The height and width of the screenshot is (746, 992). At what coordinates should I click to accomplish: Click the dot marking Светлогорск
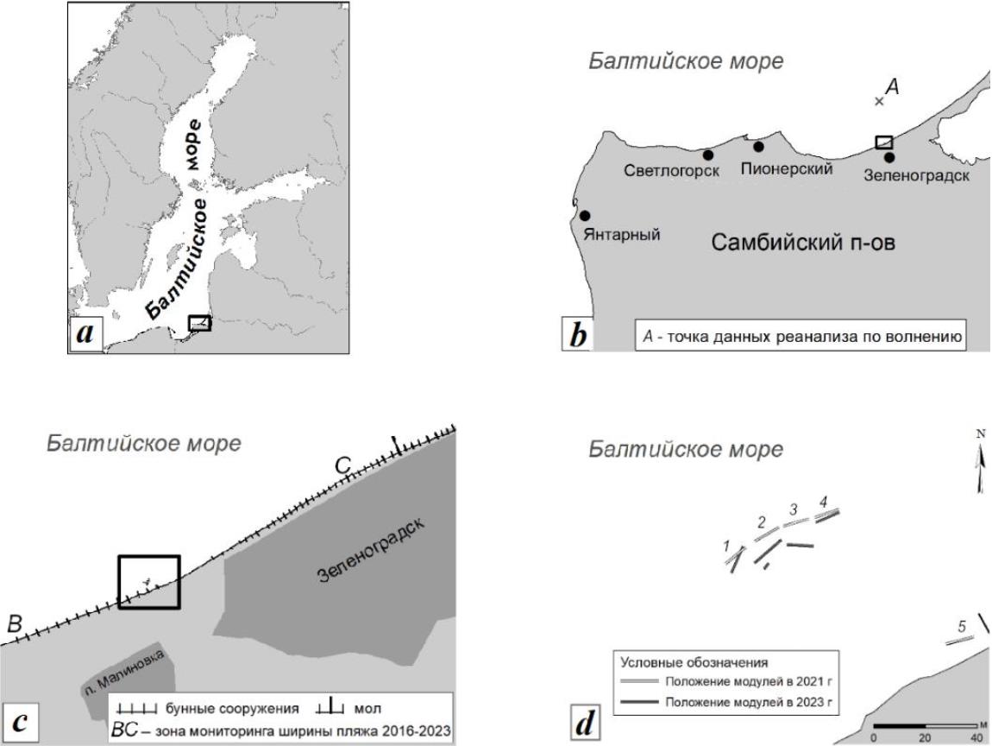(708, 155)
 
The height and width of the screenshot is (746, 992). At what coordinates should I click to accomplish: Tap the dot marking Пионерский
(758, 147)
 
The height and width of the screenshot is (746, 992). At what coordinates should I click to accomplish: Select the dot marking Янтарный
(585, 216)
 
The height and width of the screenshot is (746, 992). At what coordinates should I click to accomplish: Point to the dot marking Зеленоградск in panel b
(889, 157)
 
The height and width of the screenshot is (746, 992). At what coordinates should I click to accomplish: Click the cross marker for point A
(879, 101)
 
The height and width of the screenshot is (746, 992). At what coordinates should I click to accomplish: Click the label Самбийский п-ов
(803, 243)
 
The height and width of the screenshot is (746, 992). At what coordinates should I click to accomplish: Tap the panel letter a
(85, 332)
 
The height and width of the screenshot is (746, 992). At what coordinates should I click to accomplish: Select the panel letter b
(578, 334)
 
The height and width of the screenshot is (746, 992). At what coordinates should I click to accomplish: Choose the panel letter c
(20, 722)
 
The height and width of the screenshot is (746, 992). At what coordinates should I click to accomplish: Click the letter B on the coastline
(15, 623)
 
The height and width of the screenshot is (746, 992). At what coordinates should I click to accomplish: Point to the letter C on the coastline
(342, 466)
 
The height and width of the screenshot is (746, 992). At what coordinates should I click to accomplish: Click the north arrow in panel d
(982, 465)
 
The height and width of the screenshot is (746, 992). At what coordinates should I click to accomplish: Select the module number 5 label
(962, 627)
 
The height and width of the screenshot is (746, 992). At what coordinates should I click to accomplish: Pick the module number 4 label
(823, 502)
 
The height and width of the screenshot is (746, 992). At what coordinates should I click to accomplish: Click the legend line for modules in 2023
(639, 702)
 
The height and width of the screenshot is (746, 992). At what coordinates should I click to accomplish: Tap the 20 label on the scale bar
(925, 737)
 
